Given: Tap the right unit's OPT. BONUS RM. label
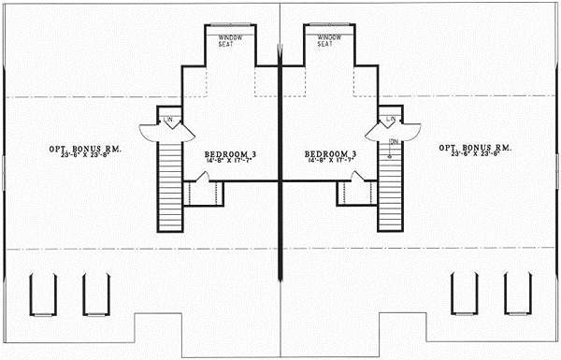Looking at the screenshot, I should click(475, 148).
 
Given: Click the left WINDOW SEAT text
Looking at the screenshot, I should click(231, 40).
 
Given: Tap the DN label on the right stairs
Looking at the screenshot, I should click(394, 141).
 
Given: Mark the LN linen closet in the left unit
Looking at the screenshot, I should click(169, 121).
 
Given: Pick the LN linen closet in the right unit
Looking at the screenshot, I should click(392, 121).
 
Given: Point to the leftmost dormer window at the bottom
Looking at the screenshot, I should click(39, 294).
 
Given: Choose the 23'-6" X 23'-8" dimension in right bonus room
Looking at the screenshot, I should click(475, 155).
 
